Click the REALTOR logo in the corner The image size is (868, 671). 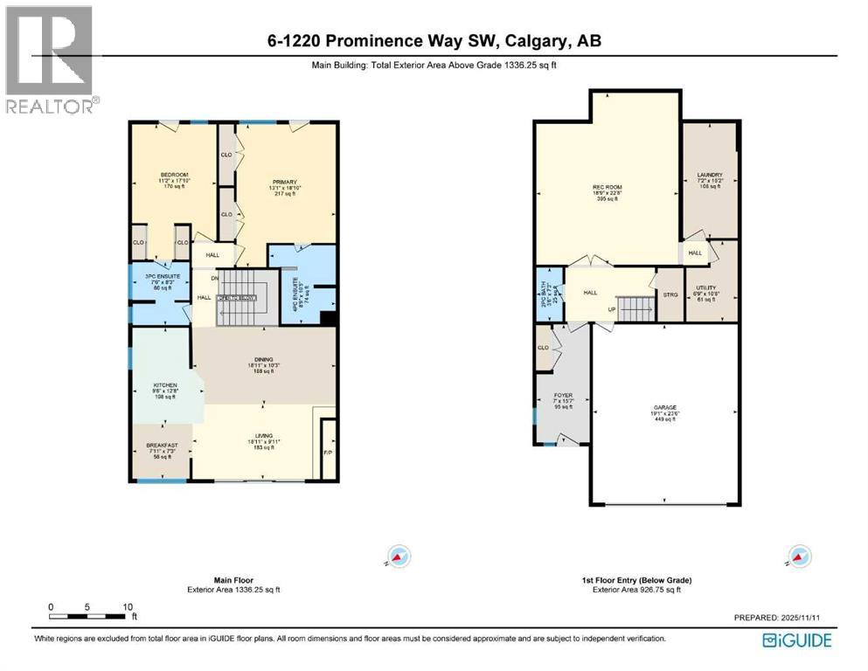coord(49,60)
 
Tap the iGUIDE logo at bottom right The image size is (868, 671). coord(796,640)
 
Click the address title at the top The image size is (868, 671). coord(434,41)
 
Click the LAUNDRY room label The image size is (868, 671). coord(711,175)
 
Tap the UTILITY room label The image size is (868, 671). coord(705,287)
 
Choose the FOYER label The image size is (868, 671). coord(564,395)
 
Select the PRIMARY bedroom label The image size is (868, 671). coord(285,183)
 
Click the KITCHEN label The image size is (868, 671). coord(166,385)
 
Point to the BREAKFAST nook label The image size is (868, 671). coord(162,446)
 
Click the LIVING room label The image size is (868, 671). coord(263,436)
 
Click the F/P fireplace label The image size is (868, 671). coord(328,453)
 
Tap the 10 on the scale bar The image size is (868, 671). coord(127,606)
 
